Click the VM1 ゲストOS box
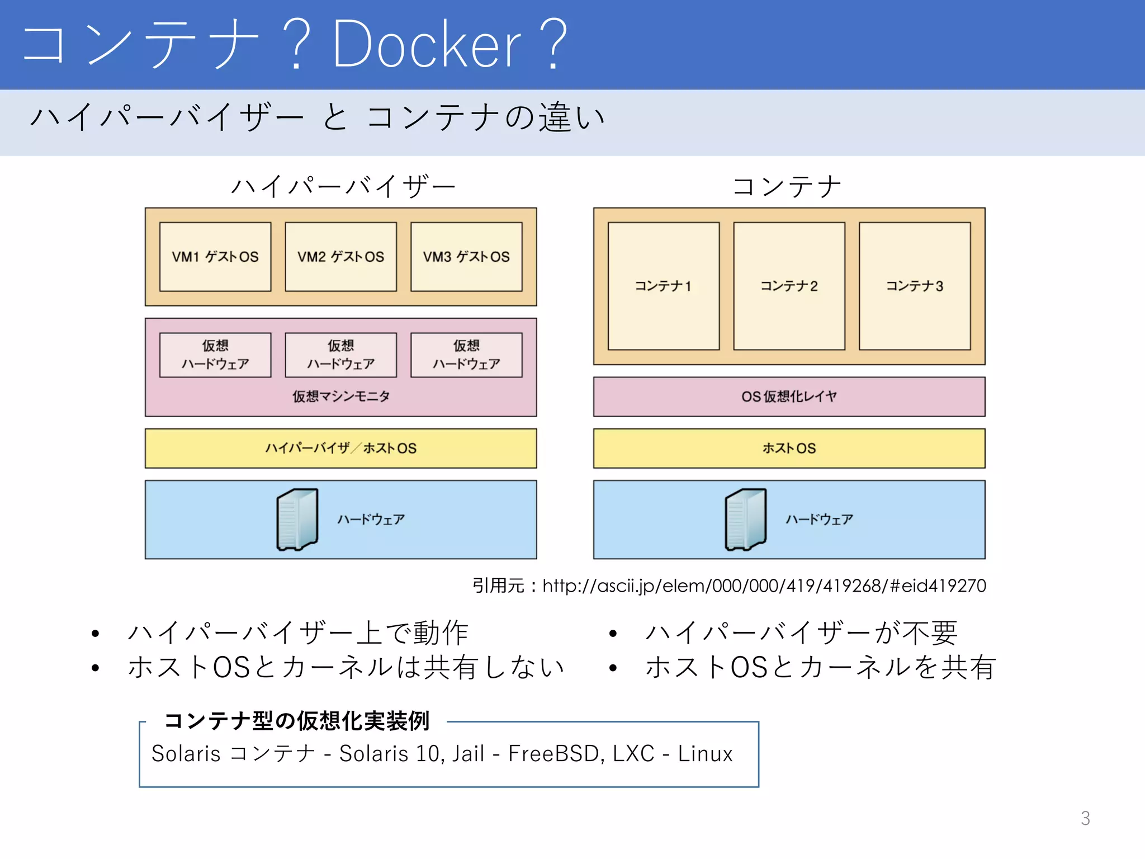pyautogui.click(x=215, y=257)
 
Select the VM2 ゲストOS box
pyautogui.click(x=340, y=257)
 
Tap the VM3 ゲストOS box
pyautogui.click(x=466, y=257)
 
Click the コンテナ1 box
pyautogui.click(x=663, y=286)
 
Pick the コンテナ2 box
pyautogui.click(x=789, y=286)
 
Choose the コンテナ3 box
pyautogui.click(x=915, y=286)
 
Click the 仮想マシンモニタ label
pyautogui.click(x=340, y=397)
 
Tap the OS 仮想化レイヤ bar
pyautogui.click(x=789, y=397)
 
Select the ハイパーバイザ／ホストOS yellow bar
pyautogui.click(x=340, y=448)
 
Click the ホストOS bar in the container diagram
pyautogui.click(x=789, y=448)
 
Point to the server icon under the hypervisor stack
pyautogui.click(x=297, y=520)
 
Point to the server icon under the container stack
pyautogui.click(x=745, y=520)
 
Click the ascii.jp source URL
pyautogui.click(x=764, y=586)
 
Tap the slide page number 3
pyautogui.click(x=1085, y=818)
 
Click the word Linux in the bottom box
pyautogui.click(x=705, y=754)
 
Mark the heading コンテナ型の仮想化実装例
pyautogui.click(x=297, y=721)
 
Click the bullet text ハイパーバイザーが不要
pyautogui.click(x=801, y=633)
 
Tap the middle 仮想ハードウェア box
pyautogui.click(x=340, y=355)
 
